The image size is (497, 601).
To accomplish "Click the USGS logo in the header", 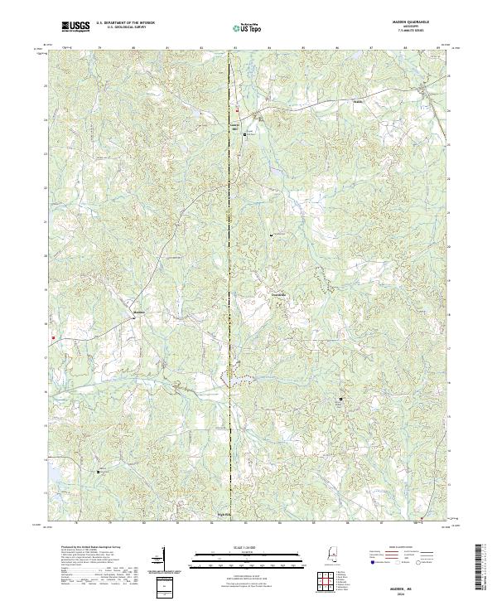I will click(76, 27).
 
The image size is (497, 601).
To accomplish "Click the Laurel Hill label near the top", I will click(234, 126).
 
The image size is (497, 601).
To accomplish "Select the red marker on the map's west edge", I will click(52, 337).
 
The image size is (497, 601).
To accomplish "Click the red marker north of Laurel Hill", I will click(236, 111).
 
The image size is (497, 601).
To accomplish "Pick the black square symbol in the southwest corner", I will click(98, 471).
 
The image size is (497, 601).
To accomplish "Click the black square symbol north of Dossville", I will click(270, 235).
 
